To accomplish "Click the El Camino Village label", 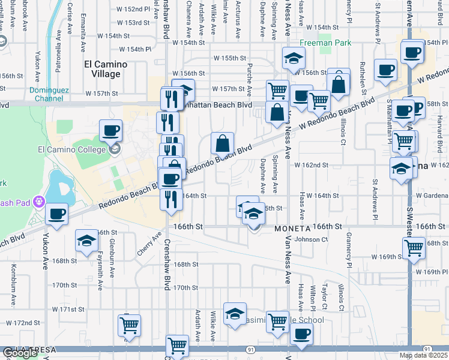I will pyautogui.click(x=101, y=68).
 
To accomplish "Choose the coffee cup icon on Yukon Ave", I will pyautogui.click(x=57, y=214).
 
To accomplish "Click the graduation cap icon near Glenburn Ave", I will pyautogui.click(x=86, y=241).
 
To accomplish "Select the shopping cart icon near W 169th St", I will pyautogui.click(x=414, y=247).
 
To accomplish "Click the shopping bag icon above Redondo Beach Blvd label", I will pyautogui.click(x=222, y=143).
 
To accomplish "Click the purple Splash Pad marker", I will pyautogui.click(x=40, y=200).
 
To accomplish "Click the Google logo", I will pyautogui.click(x=20, y=353).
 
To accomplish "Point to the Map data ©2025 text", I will pyautogui.click(x=423, y=356).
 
